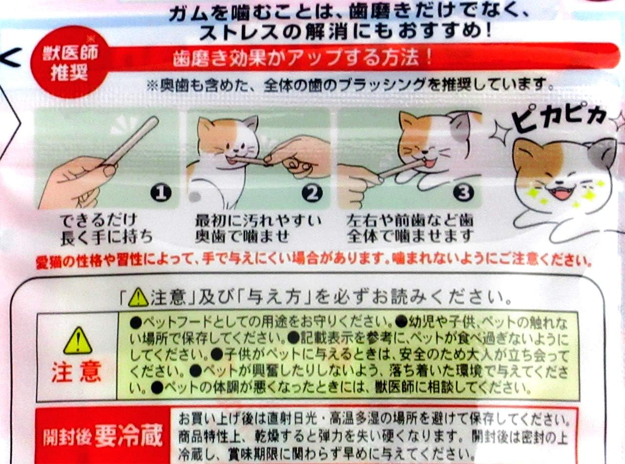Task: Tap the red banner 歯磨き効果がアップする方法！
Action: tap(303, 59)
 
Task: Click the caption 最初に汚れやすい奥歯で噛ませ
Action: tap(258, 228)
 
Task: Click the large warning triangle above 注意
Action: tap(77, 340)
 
